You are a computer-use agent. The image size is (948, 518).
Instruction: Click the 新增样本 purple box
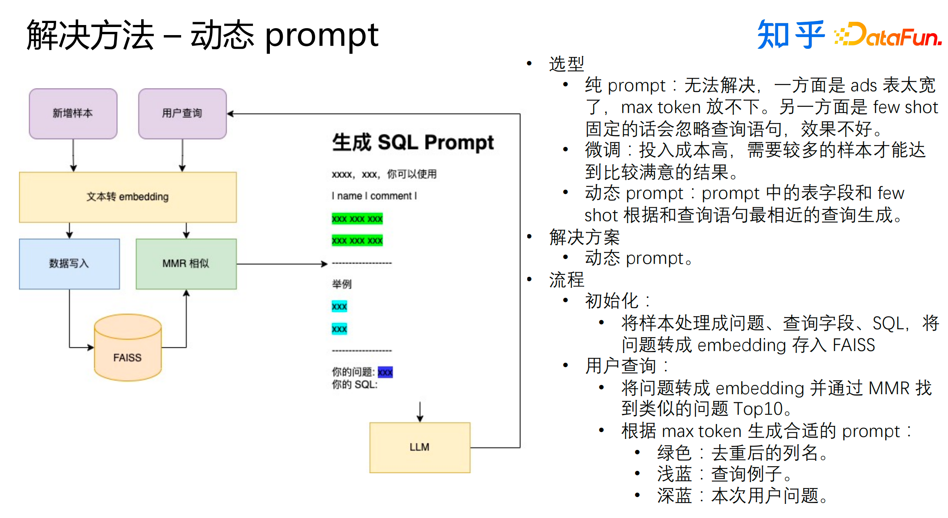coord(73,113)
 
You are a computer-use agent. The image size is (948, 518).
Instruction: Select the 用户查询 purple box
coord(182,113)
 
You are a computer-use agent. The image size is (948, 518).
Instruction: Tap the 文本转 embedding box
coord(127,197)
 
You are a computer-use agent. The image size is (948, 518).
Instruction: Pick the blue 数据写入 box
coord(69,264)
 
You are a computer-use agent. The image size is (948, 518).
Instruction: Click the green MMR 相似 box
coord(186,264)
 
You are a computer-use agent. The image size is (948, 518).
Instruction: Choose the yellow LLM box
coord(420,447)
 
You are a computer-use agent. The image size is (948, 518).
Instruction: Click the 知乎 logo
coord(791,35)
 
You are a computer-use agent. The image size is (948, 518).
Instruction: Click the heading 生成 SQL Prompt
coord(413,142)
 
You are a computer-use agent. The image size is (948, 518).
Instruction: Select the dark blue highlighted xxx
coord(385,372)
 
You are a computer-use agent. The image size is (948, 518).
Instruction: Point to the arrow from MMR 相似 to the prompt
coord(282,264)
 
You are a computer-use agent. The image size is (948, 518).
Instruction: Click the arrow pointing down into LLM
coord(420,411)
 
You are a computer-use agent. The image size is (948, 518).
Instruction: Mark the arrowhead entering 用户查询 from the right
coord(231,114)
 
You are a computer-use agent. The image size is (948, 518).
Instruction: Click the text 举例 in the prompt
coord(342,284)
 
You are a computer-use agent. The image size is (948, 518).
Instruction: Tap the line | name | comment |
coord(374,196)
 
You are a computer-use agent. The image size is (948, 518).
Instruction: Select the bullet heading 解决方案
coord(584,237)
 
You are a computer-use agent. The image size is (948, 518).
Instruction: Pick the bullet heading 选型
coord(566,64)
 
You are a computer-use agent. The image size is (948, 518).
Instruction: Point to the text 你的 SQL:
coord(355,385)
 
